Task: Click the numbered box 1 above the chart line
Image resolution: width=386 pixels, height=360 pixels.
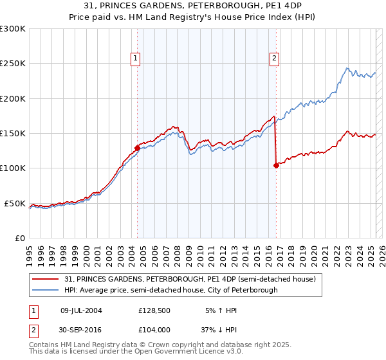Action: pyautogui.click(x=136, y=58)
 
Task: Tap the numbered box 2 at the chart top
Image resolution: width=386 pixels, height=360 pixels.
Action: pyautogui.click(x=274, y=58)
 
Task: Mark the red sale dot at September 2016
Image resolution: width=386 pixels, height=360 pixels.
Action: pyautogui.click(x=276, y=165)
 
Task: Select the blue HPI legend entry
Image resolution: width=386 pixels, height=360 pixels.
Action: pyautogui.click(x=171, y=290)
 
